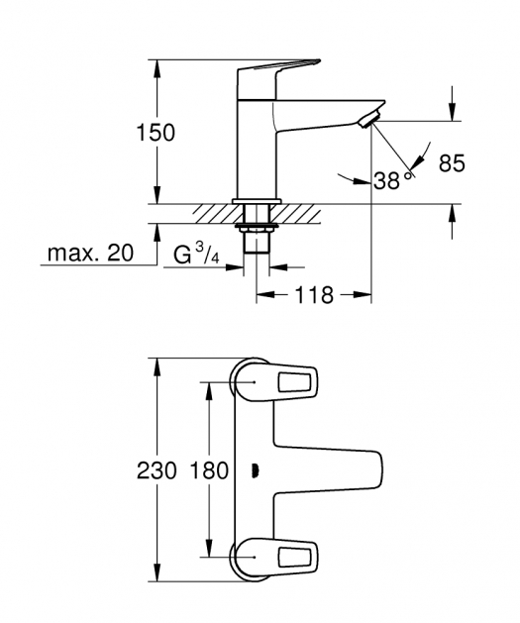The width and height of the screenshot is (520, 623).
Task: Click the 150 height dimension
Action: pos(156,133)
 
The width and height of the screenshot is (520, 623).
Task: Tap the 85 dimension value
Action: pos(452,162)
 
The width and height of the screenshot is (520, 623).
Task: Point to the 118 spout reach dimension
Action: pos(314,295)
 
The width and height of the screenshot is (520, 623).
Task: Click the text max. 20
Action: pos(90,253)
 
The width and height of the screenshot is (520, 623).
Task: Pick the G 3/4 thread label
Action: pos(196,255)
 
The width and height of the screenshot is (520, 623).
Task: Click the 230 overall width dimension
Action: pos(156,471)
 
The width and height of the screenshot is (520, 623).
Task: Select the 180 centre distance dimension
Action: pos(209,471)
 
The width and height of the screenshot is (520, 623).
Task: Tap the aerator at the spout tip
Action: pos(369,120)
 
